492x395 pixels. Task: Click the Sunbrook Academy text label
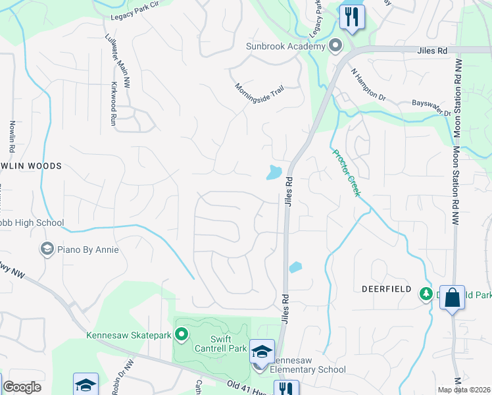(285, 46)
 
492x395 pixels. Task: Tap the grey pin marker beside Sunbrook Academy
(335, 45)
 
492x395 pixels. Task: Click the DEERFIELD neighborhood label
(386, 289)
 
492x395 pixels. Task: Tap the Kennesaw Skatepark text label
(129, 335)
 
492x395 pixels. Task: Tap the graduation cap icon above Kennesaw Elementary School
(262, 351)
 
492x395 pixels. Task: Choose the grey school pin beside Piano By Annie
(47, 249)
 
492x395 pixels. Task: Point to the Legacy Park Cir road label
(136, 4)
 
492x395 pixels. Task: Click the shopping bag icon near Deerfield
(453, 297)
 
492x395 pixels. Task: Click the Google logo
(22, 387)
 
